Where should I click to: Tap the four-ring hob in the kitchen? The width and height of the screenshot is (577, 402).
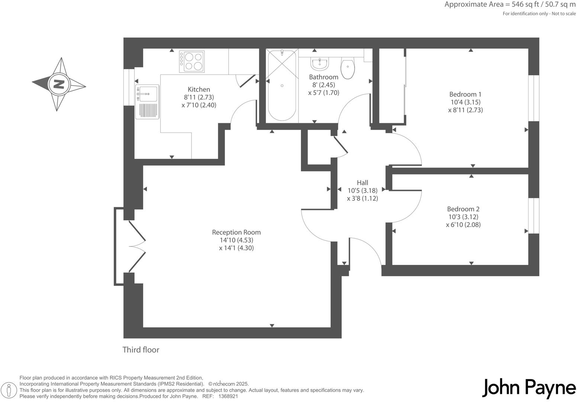coord(191,61)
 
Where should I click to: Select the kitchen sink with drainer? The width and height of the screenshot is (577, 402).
coord(147,102)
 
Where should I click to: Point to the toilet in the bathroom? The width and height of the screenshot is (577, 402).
coord(348,68)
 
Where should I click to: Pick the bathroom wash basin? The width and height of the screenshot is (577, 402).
coord(319,64)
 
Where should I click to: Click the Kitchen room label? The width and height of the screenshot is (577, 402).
coord(199,89)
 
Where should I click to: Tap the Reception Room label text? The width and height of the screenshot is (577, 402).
coord(236,232)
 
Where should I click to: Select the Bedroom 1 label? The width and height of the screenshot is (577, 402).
coord(465,94)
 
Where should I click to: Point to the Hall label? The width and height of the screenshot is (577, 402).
coord(362,182)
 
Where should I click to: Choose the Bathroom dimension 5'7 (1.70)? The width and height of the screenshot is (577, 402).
coord(323,93)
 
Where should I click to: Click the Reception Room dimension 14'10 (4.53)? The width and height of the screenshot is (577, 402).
coord(236,240)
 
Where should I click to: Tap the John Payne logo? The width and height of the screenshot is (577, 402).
coord(529,388)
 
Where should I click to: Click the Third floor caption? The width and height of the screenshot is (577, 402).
coord(141,350)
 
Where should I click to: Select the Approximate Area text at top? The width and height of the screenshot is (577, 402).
coord(510,5)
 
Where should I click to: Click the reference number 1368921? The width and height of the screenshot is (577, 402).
coord(228,396)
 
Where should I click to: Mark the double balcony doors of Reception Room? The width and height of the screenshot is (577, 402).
coord(136,246)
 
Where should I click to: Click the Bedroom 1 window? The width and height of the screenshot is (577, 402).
coord(534,98)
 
